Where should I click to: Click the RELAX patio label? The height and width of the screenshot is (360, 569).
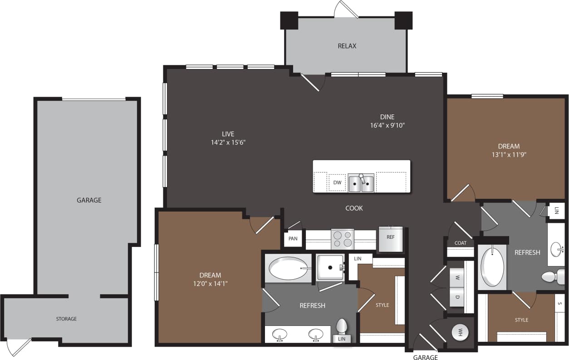tap(347, 46)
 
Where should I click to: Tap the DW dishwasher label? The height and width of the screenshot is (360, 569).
tap(337, 182)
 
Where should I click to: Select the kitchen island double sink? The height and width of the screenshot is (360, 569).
tap(361, 183)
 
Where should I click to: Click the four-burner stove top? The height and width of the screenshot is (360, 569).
tap(343, 239)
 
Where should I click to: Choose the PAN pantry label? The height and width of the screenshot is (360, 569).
tap(293, 238)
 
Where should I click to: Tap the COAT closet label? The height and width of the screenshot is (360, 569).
tap(461, 243)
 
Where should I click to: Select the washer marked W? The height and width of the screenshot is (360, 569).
tap(457, 278)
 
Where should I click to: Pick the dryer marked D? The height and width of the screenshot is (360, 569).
tap(457, 297)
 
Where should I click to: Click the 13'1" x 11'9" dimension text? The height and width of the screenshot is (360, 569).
tap(509, 154)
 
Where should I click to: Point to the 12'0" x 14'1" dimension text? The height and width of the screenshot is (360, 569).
tap(210, 284)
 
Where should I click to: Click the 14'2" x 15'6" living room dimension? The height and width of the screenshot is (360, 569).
tap(228, 142)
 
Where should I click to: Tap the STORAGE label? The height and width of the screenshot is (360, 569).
tap(66, 319)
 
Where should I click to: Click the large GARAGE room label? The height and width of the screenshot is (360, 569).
tap(89, 200)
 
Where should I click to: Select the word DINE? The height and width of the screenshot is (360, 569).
tap(387, 117)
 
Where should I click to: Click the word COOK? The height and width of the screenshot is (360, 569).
tap(354, 208)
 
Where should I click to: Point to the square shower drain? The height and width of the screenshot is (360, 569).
tap(330, 268)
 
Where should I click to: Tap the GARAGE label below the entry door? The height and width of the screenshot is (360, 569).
tap(426, 357)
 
